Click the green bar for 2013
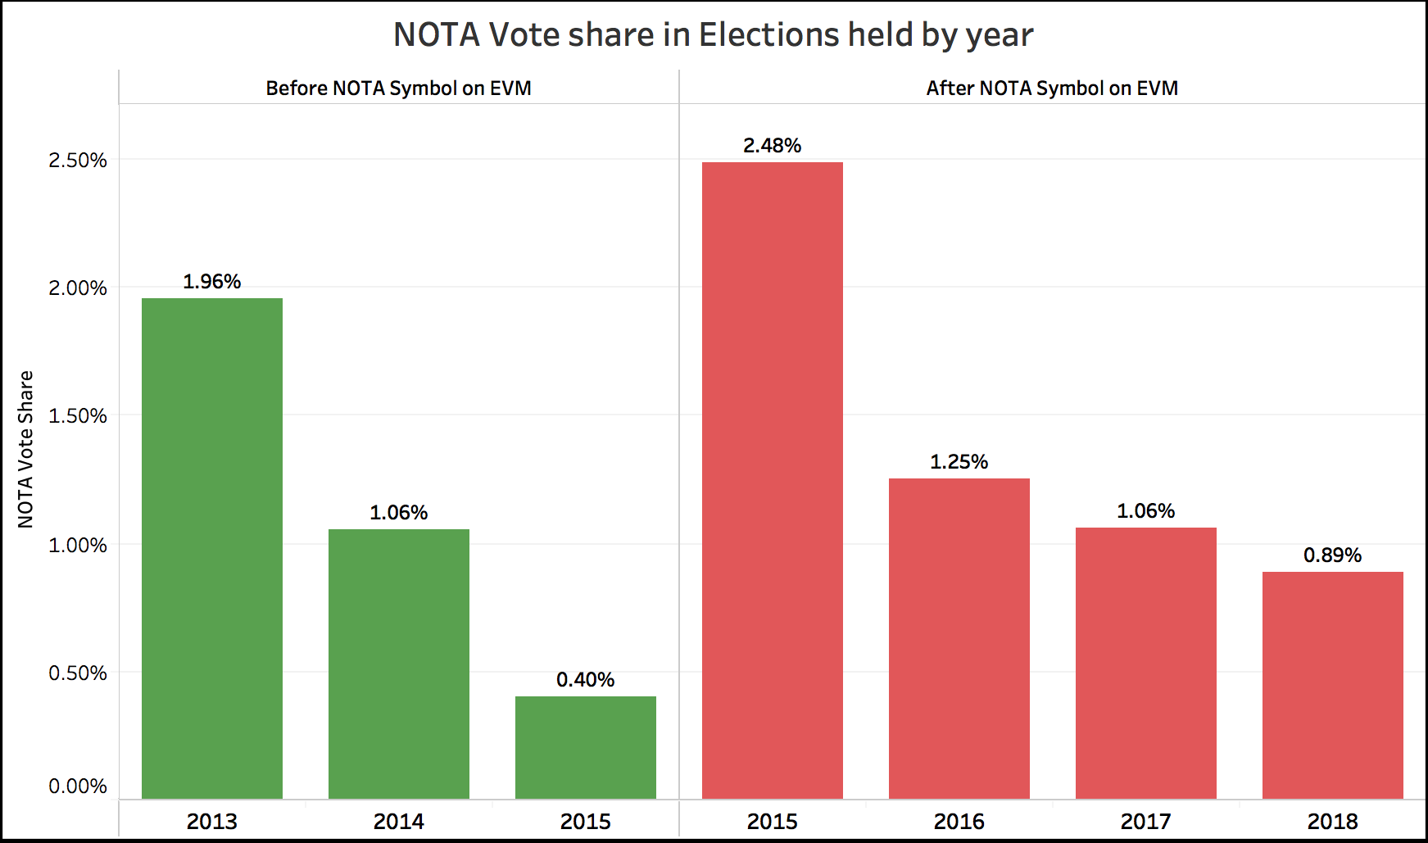(212, 549)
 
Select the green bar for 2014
(399, 664)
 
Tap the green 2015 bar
(586, 747)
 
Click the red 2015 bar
(773, 481)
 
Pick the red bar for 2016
(959, 639)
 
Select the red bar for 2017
(1146, 664)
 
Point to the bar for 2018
(1333, 685)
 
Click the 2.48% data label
(772, 146)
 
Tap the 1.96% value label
(211, 282)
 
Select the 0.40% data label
(585, 680)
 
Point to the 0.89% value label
(1332, 555)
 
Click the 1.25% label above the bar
(959, 462)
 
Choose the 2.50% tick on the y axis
(78, 161)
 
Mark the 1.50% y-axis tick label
(78, 416)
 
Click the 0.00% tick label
(78, 786)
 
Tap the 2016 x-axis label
(959, 821)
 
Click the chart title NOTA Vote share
(713, 35)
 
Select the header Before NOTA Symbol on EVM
(398, 88)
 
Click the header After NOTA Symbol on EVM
(1052, 88)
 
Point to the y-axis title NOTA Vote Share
(26, 449)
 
